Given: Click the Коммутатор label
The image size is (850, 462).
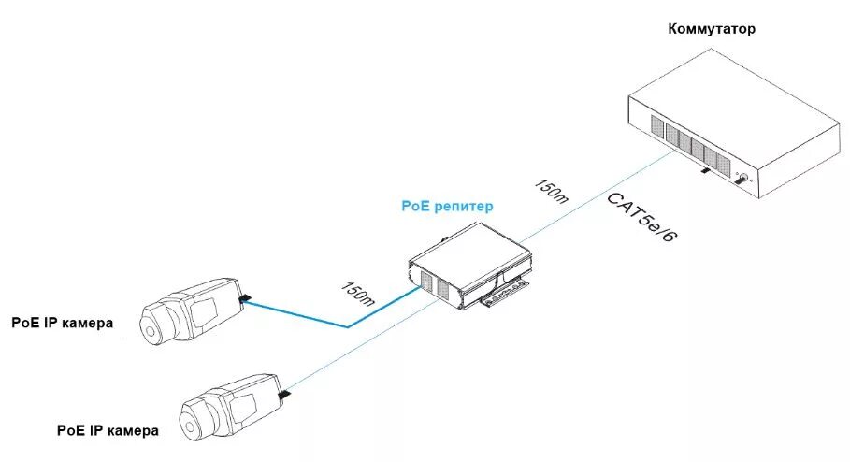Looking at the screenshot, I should point(712,29).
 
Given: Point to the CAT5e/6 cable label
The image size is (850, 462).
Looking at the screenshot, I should point(642,219).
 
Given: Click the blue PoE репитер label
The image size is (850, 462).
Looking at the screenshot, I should point(447,205).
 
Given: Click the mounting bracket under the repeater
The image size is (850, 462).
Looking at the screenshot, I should point(504,297).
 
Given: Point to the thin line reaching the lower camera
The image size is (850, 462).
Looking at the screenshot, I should point(355,349).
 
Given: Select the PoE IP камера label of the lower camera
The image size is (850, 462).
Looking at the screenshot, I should point(108,431).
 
